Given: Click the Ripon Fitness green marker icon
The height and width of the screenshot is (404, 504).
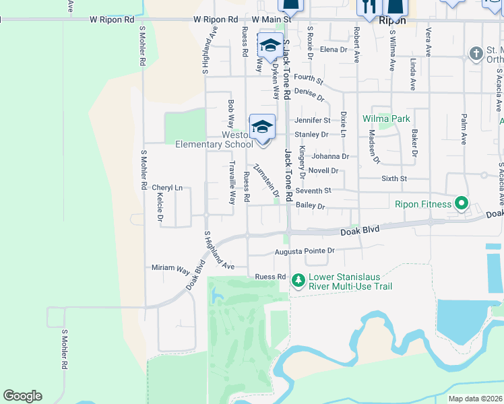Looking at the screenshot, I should pos(462,203).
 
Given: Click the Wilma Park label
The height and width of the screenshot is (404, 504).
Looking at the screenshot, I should pos(386,119).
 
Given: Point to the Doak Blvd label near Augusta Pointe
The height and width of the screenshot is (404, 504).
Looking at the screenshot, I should pos(360,230).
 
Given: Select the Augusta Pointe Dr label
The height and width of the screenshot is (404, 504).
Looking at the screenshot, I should pos(305,252).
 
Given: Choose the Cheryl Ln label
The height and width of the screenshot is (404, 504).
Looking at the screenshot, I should pos(167,188).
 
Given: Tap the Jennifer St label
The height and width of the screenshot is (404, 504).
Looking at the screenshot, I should pos(312,121).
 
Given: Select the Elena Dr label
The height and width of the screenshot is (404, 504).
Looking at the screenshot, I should pos(334,50).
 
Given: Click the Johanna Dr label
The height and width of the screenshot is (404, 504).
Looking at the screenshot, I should pos(330,156).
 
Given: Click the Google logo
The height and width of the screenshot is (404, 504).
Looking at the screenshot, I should pos(22,396).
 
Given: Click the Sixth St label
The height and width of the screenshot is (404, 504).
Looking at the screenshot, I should pos(395,178).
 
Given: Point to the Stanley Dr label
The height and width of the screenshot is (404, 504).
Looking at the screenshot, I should pos(311,134).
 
